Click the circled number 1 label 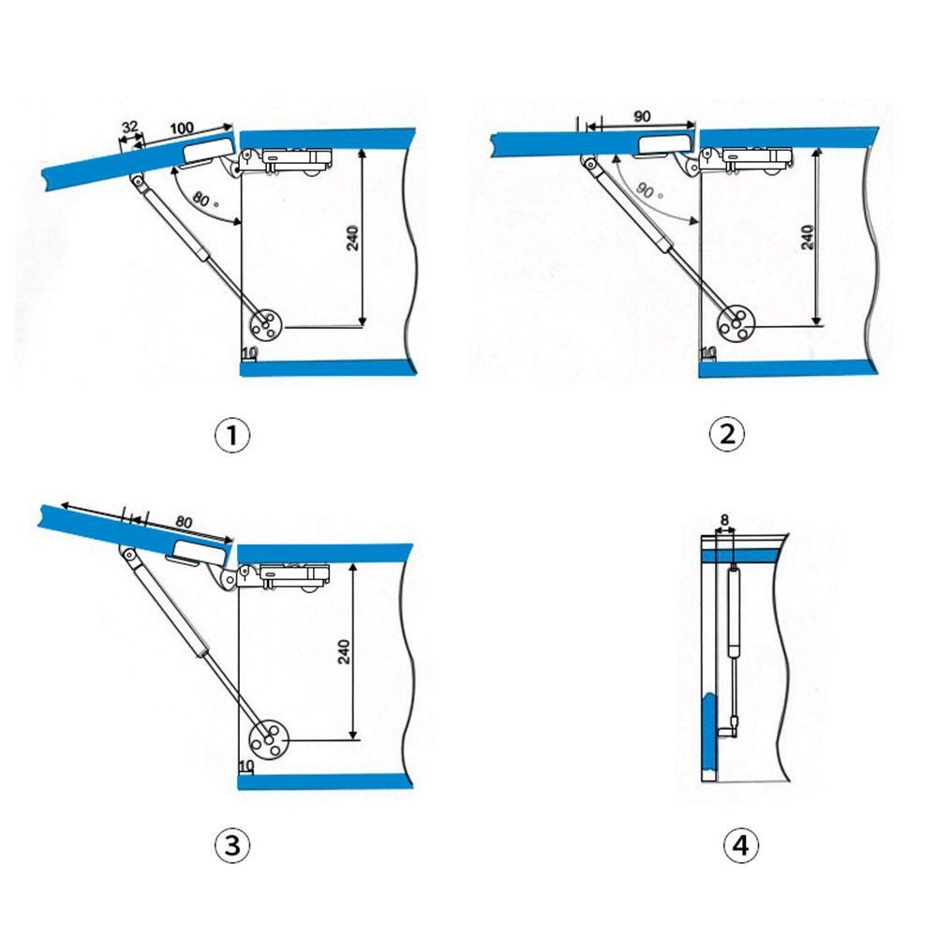pos(231,435)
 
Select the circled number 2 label pos(727,434)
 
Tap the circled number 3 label pos(231,845)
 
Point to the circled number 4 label pos(741,845)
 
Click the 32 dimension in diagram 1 pos(129,126)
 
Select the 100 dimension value pos(182,127)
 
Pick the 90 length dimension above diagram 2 pos(642,116)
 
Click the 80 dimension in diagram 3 pos(184,522)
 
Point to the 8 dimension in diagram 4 pos(724,520)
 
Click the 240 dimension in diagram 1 pos(352,238)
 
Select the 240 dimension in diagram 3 pos(344,651)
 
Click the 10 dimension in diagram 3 pos(246,766)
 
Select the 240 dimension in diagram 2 pos(808,237)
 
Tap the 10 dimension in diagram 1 pos(249,353)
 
